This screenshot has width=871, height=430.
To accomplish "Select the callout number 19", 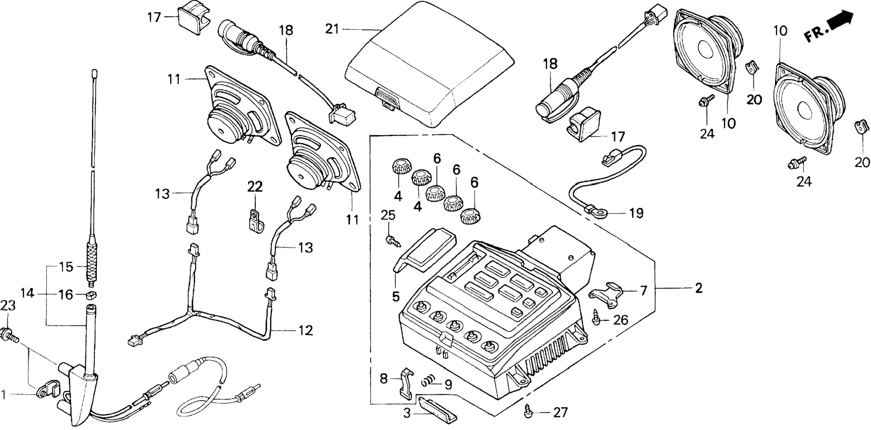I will tap(636, 213).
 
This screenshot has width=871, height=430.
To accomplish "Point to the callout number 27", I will tap(560, 413).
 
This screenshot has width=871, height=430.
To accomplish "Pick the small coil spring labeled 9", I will tap(428, 383).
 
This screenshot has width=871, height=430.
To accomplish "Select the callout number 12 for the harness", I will tap(305, 330).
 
